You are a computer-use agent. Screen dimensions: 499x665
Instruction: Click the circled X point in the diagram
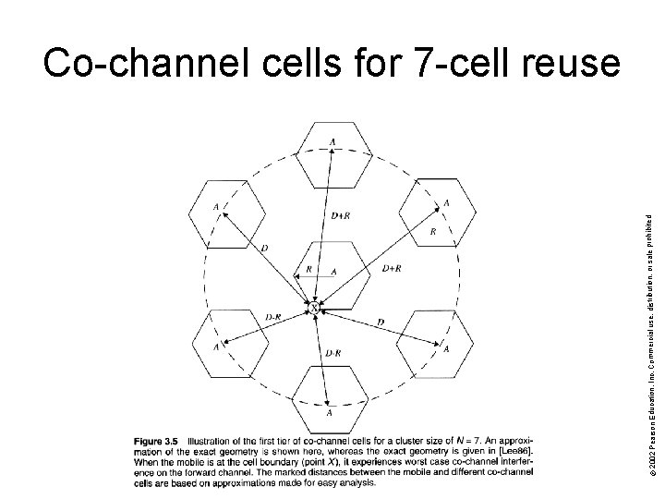(x=315, y=306)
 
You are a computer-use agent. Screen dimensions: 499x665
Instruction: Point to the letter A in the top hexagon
(x=332, y=141)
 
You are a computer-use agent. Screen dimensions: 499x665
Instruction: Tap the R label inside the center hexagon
(x=308, y=270)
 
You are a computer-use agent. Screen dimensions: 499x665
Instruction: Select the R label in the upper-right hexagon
(x=433, y=233)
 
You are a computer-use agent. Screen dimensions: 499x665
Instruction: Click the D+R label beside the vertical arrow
(x=340, y=216)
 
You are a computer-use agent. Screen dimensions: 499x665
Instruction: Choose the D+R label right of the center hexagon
(x=391, y=269)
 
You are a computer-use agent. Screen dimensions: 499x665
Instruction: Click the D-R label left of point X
(x=273, y=317)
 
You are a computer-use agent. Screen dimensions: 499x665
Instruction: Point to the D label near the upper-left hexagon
(x=265, y=248)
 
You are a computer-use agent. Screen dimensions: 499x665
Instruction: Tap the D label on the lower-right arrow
(x=381, y=322)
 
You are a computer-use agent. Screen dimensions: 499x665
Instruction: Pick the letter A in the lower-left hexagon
(x=216, y=347)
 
